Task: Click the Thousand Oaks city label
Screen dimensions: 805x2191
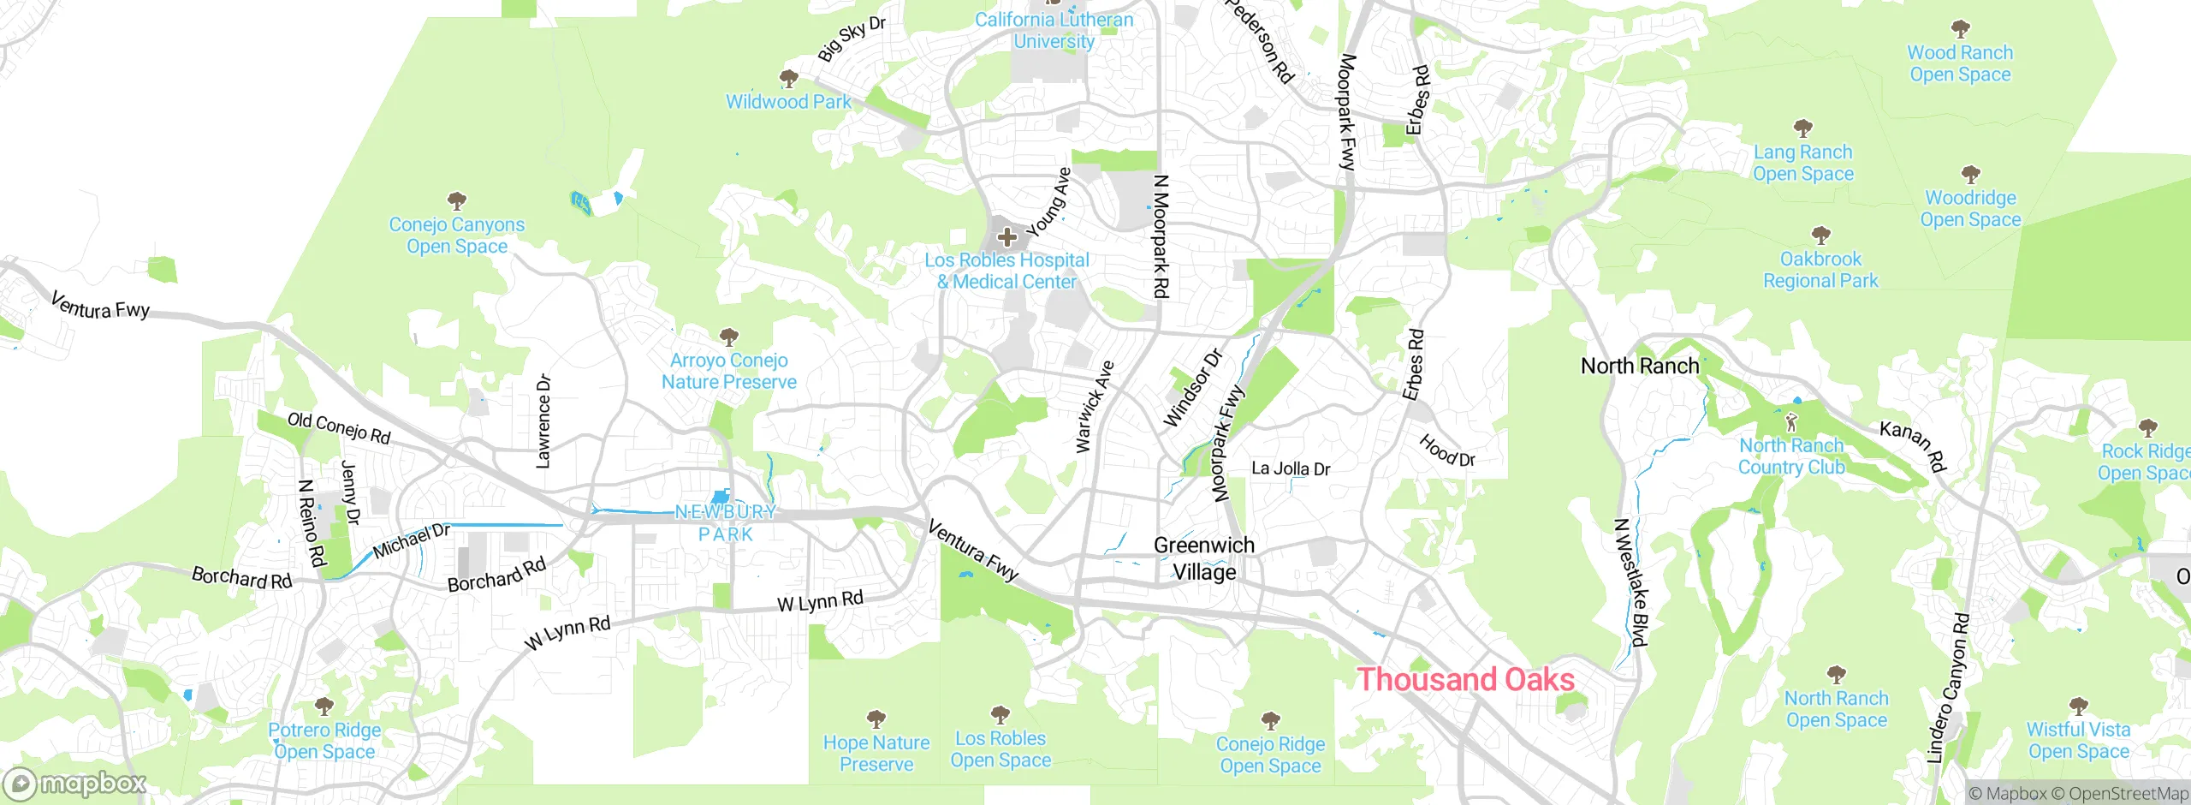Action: (x=1466, y=680)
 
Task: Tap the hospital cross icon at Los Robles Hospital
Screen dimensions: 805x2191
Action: (x=1007, y=236)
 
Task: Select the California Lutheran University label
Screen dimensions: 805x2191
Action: (x=1054, y=30)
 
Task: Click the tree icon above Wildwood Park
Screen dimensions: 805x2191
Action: (x=788, y=79)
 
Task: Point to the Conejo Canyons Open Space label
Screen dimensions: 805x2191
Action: (x=456, y=236)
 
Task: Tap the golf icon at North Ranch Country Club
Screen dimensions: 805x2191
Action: (x=1791, y=422)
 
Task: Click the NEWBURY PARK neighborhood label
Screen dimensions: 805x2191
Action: (x=726, y=523)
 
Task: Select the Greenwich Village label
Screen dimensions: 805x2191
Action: (x=1204, y=558)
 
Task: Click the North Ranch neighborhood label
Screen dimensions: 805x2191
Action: (x=1639, y=367)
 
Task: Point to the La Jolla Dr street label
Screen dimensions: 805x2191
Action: (x=1291, y=468)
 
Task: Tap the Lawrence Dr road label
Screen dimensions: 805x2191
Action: (x=543, y=421)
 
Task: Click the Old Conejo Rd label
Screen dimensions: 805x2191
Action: (x=339, y=428)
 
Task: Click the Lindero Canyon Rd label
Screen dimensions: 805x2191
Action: (x=1947, y=688)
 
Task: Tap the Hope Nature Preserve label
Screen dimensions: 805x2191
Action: (x=876, y=754)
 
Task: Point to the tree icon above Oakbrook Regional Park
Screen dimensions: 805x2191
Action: (x=1820, y=235)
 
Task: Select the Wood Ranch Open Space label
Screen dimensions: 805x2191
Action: (x=1960, y=63)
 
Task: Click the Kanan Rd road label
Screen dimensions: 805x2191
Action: (x=1913, y=445)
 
